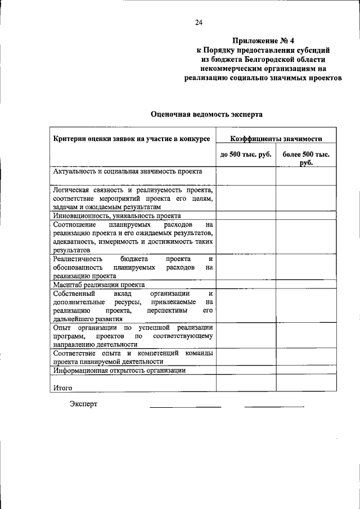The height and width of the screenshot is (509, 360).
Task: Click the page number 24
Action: point(198,22)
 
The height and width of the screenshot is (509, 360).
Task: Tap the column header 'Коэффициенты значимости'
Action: point(276,138)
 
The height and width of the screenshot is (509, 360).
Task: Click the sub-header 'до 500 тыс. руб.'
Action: point(245,154)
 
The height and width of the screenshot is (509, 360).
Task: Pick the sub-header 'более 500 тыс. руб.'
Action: point(306,158)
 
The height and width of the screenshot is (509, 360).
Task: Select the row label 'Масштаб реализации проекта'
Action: point(99,285)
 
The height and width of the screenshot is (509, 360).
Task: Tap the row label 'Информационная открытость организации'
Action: point(119,371)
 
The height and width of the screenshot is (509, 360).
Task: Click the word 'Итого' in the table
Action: point(62,388)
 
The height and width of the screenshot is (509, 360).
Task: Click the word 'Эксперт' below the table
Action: point(84,404)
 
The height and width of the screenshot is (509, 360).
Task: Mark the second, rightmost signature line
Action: point(274,406)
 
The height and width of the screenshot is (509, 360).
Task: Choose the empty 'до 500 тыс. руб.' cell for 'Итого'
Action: point(245,383)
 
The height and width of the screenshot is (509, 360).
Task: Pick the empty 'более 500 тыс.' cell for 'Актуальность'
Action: point(306,175)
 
